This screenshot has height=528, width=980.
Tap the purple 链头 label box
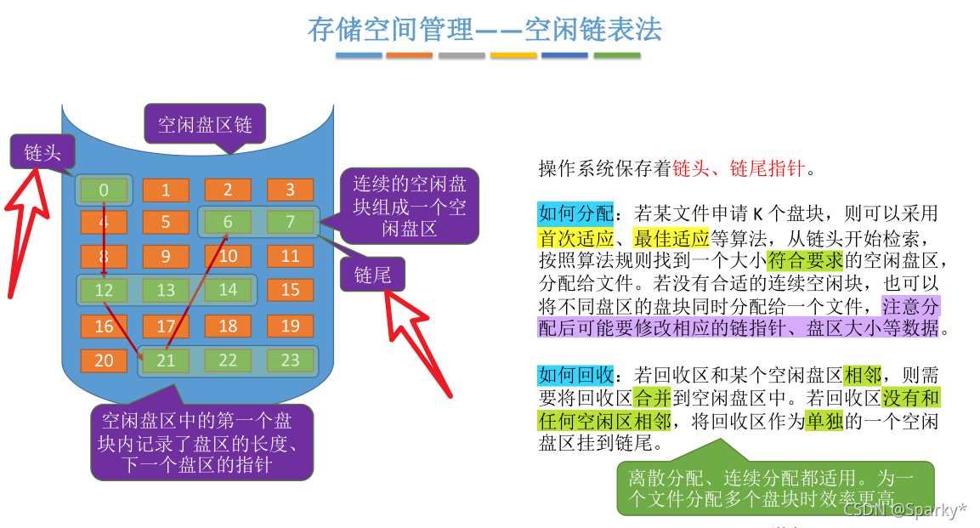[x=41, y=153]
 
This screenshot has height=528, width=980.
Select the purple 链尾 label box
[x=373, y=274]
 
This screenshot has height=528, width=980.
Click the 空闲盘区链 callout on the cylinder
[x=205, y=125]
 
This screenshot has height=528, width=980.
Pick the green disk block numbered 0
[x=104, y=190]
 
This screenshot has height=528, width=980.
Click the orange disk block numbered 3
[x=290, y=190]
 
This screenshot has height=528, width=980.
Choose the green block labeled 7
[x=290, y=223]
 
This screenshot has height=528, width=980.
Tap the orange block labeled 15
[x=290, y=290]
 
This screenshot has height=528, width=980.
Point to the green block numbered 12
[x=104, y=291]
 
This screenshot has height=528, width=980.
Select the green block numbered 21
[x=166, y=361]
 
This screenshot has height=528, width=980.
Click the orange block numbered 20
[x=104, y=361]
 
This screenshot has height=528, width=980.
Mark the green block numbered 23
[x=290, y=361]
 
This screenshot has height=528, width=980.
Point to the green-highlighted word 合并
[x=653, y=398]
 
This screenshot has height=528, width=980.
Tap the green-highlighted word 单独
[x=824, y=420]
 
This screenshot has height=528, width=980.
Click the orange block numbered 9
[x=166, y=256]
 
